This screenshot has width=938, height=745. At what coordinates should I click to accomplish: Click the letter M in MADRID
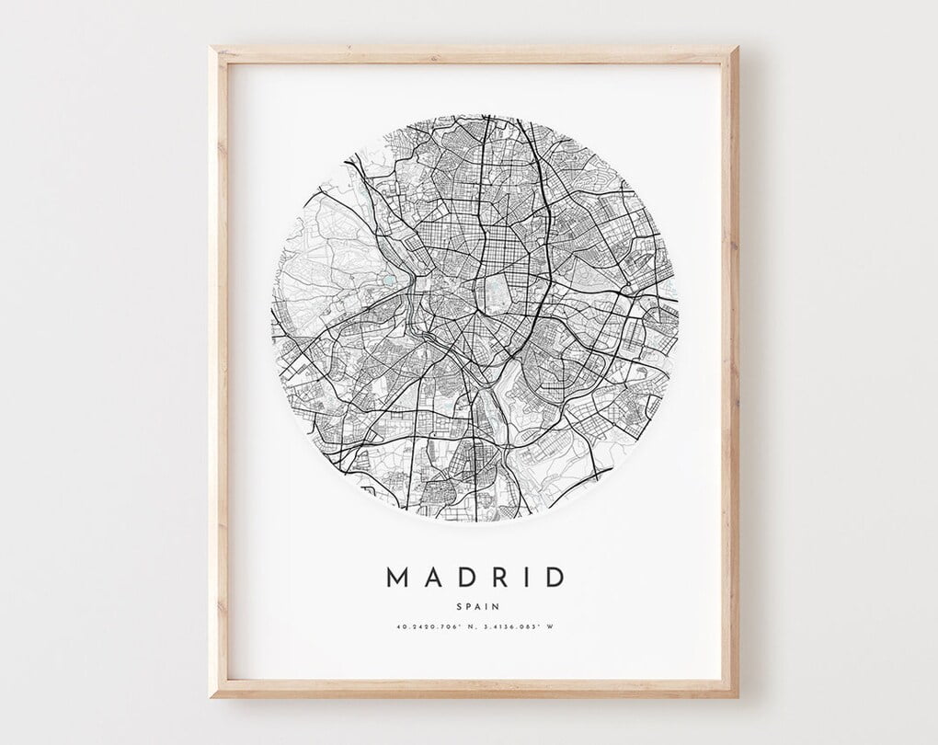(x=396, y=578)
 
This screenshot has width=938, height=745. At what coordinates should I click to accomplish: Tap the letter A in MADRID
(x=430, y=578)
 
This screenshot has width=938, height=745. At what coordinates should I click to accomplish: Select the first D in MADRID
(x=463, y=578)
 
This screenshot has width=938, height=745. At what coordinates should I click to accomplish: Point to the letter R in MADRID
(x=496, y=578)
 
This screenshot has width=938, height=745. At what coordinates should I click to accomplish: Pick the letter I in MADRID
(x=523, y=578)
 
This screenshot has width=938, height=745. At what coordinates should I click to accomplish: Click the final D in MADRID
(x=553, y=578)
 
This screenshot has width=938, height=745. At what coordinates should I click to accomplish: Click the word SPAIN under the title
(x=475, y=606)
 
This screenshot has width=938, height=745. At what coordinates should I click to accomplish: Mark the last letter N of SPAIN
(x=497, y=606)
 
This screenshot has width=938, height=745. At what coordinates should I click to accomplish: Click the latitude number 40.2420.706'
(x=425, y=627)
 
